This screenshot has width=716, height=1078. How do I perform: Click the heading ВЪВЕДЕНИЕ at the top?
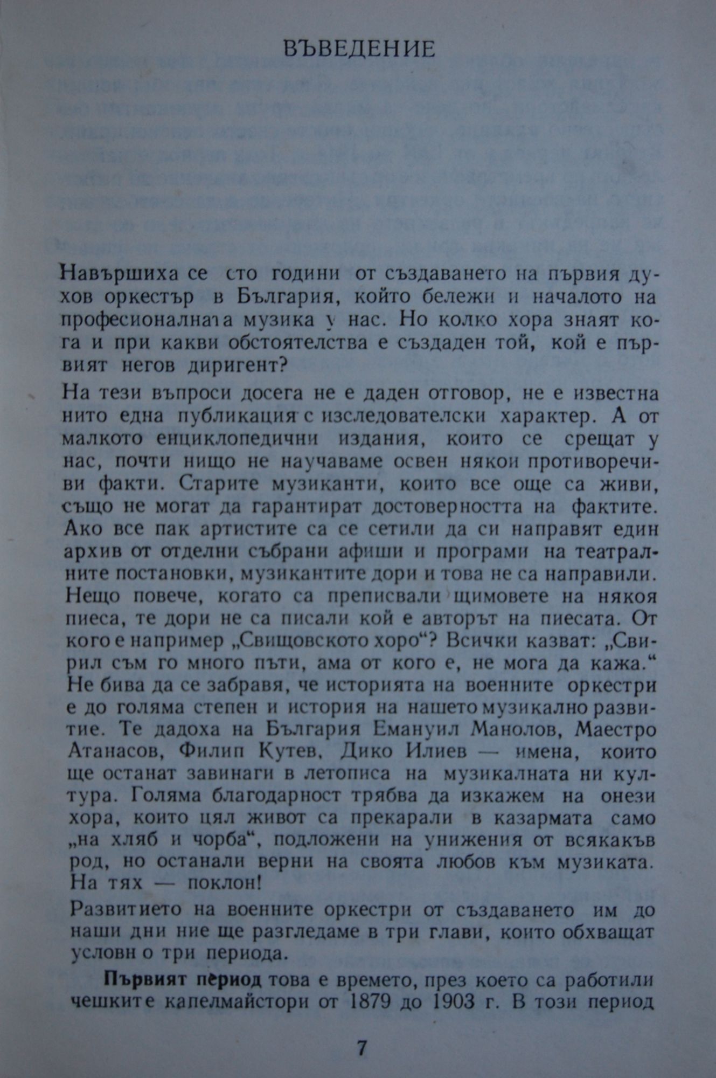click(x=359, y=50)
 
